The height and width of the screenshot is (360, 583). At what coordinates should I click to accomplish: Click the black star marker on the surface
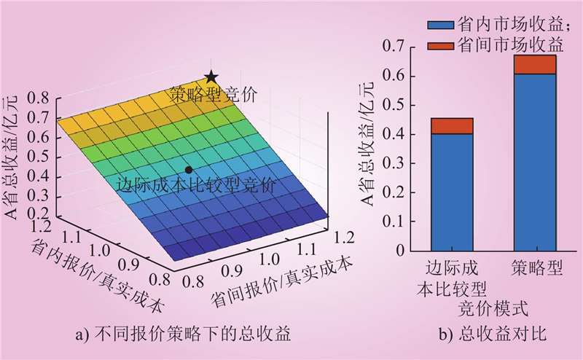pyautogui.click(x=211, y=77)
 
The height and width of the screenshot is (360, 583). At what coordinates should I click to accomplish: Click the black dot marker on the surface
pyautogui.click(x=189, y=170)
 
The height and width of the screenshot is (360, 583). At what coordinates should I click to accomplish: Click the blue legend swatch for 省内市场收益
pyautogui.click(x=439, y=24)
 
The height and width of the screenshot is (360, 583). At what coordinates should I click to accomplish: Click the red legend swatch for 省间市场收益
pyautogui.click(x=439, y=45)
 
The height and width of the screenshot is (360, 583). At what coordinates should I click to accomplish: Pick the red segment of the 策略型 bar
pyautogui.click(x=534, y=64)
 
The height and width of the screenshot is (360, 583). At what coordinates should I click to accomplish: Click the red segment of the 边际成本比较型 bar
pyautogui.click(x=452, y=126)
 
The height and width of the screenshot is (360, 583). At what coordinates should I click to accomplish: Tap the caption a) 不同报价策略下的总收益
pyautogui.click(x=183, y=336)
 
